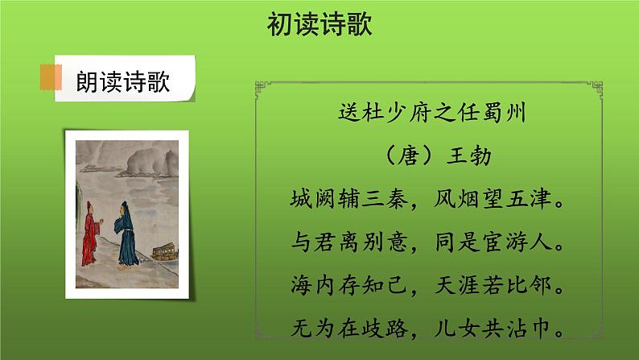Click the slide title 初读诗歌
(x=319, y=26)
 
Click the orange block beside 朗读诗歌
(x=51, y=79)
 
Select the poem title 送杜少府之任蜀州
(x=432, y=114)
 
